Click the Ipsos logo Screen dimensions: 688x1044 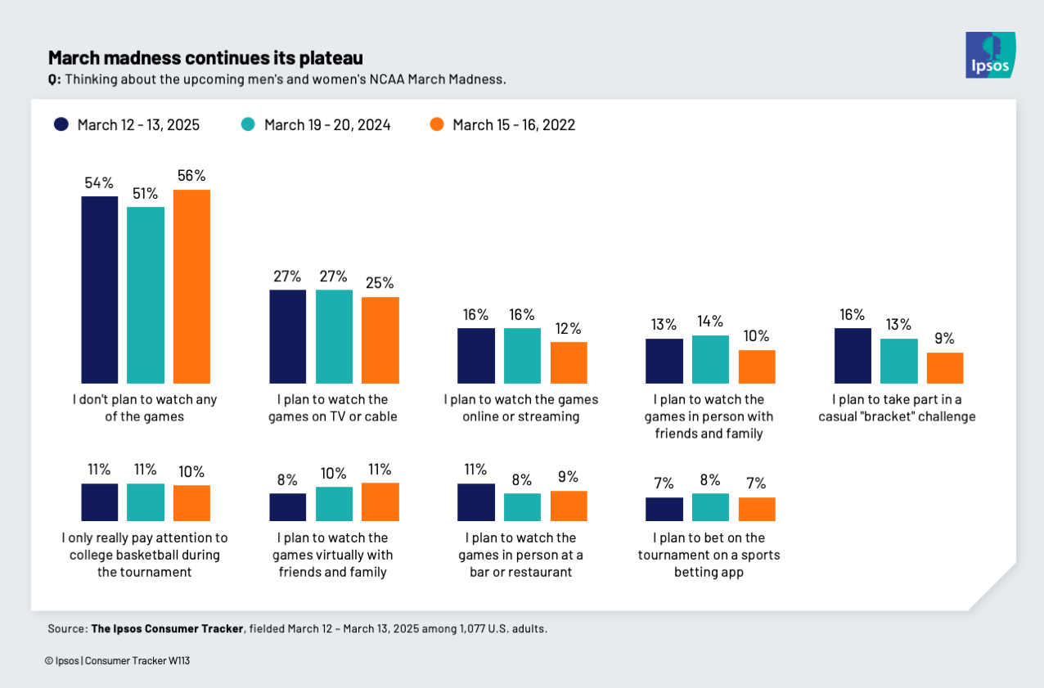pyautogui.click(x=990, y=55)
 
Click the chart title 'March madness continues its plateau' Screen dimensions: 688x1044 pyautogui.click(x=205, y=58)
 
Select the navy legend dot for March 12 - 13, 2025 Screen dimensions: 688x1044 pyautogui.click(x=61, y=124)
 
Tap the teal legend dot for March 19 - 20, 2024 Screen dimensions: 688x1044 pyautogui.click(x=248, y=124)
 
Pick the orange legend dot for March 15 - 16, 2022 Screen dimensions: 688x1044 pyautogui.click(x=436, y=124)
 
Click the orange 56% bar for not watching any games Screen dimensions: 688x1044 pyautogui.click(x=191, y=286)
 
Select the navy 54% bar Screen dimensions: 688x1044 pyautogui.click(x=99, y=290)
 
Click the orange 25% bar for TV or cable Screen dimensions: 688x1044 pyautogui.click(x=380, y=340)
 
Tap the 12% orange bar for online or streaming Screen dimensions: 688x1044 pyautogui.click(x=569, y=362)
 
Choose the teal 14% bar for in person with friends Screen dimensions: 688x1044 pyautogui.click(x=710, y=359)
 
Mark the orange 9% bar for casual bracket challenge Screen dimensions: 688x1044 pyautogui.click(x=944, y=368)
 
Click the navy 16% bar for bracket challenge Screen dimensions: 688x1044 pyautogui.click(x=853, y=356)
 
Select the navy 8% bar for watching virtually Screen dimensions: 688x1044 pyautogui.click(x=288, y=507)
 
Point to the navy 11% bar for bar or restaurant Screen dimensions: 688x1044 pyautogui.click(x=476, y=502)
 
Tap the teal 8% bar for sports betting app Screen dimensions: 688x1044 pyautogui.click(x=710, y=507)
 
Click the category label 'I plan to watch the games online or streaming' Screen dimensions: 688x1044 pyautogui.click(x=521, y=407)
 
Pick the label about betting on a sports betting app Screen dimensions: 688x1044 pyautogui.click(x=709, y=555)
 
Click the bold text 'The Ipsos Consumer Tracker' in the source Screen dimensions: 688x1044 pyautogui.click(x=167, y=628)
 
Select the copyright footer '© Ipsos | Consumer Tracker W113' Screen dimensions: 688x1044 pyautogui.click(x=118, y=660)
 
